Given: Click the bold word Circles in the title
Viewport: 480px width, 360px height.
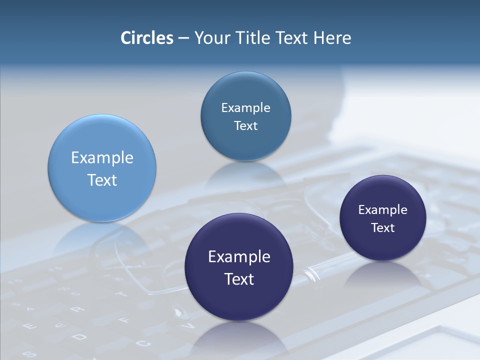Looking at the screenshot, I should [x=147, y=38].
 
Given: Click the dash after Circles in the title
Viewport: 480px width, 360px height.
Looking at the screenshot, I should [x=183, y=38].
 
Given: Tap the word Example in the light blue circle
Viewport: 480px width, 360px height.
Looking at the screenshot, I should [x=102, y=157].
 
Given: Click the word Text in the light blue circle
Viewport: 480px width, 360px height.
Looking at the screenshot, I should [x=102, y=180].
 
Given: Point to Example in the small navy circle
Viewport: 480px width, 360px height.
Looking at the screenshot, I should [x=382, y=210].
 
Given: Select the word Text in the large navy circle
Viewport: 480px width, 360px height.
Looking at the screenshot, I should [x=239, y=279].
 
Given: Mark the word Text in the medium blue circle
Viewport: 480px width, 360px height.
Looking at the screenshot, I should [x=245, y=126].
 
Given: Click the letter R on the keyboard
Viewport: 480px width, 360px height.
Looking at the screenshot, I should [x=78, y=309].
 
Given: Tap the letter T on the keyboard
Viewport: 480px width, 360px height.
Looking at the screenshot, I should [x=121, y=294].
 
